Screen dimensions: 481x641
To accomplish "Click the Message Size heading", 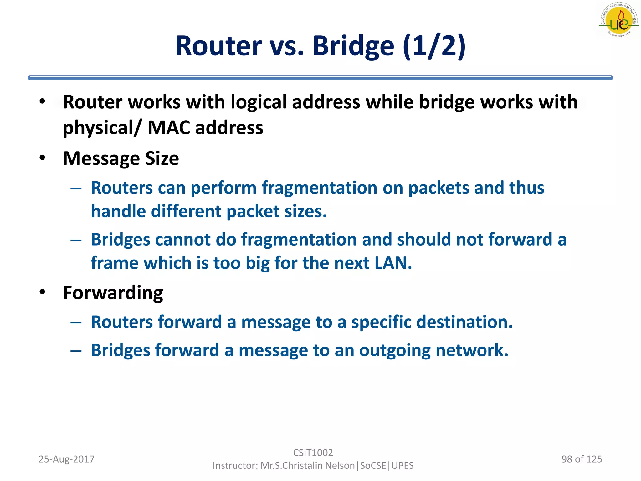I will pyautogui.click(x=121, y=158).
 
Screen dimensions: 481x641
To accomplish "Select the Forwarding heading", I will pyautogui.click(x=113, y=293).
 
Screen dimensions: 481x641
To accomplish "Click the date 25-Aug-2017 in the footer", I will pyautogui.click(x=66, y=459).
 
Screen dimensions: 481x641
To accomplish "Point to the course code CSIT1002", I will pyautogui.click(x=313, y=453).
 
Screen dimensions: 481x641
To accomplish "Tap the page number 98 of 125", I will pyautogui.click(x=582, y=459).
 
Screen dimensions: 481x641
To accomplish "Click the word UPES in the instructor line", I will pyautogui.click(x=403, y=466).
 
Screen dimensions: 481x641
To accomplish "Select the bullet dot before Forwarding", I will pyautogui.click(x=43, y=292).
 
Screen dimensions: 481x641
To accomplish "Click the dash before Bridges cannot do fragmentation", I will pyautogui.click(x=76, y=240).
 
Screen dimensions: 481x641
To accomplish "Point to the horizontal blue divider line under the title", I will pyautogui.click(x=320, y=78).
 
